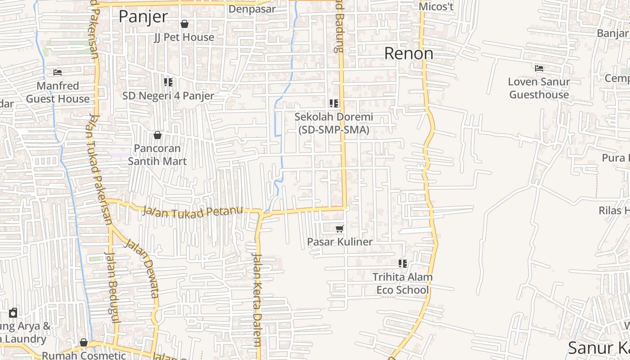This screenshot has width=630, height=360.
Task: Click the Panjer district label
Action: pyautogui.click(x=143, y=17)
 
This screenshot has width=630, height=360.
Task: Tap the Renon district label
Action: pyautogui.click(x=409, y=54)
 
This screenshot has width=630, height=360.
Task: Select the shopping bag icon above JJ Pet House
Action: pyautogui.click(x=184, y=24)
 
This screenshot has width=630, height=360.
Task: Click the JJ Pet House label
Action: pyautogui.click(x=184, y=37)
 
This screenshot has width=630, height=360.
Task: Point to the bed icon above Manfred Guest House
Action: pyautogui.click(x=58, y=72)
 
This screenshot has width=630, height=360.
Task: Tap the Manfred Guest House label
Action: pyautogui.click(x=58, y=92)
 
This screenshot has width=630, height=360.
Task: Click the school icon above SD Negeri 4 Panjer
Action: pyautogui.click(x=168, y=82)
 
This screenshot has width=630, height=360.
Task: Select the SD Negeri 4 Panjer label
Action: pyautogui.click(x=168, y=96)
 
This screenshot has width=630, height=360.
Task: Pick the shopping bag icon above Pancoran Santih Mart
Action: pyautogui.click(x=157, y=135)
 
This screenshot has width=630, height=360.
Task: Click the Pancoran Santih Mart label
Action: pyautogui.click(x=157, y=155)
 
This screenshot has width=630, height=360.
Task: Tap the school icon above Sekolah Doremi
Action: pyautogui.click(x=334, y=103)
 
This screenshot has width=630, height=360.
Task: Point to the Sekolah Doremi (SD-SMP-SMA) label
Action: pyautogui.click(x=334, y=123)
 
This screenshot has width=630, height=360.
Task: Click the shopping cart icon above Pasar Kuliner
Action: pyautogui.click(x=340, y=229)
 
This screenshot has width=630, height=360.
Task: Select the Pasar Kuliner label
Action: pyautogui.click(x=340, y=242)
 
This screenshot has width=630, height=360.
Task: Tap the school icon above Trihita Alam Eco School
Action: pyautogui.click(x=403, y=264)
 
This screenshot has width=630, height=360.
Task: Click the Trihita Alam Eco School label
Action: pyautogui.click(x=403, y=283)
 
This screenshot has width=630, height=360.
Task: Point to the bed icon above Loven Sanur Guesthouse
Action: pyautogui.click(x=539, y=68)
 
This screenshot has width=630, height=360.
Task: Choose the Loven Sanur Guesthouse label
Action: pyautogui.click(x=539, y=88)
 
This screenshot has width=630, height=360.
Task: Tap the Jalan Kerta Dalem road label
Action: pyautogui.click(x=256, y=299)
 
